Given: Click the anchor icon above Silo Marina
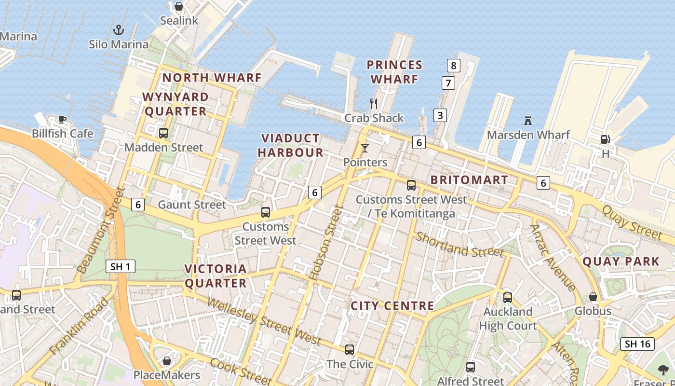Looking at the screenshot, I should (x=119, y=30).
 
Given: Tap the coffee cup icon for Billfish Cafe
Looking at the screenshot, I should (x=62, y=119).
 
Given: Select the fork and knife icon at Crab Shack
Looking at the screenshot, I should (x=374, y=103).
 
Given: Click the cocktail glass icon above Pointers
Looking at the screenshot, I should (x=365, y=148).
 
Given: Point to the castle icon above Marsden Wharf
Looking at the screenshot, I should (x=528, y=120).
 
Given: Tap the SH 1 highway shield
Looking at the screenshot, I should (x=121, y=266).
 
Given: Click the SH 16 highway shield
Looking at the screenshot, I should (x=637, y=344).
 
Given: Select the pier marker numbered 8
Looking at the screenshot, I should (x=453, y=65).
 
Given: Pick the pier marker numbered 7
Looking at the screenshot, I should (x=448, y=83).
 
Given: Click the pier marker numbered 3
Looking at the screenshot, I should (x=440, y=115).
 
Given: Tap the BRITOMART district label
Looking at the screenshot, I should (x=469, y=180).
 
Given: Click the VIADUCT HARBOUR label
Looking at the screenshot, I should (x=290, y=145).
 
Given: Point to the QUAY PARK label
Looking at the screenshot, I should (x=621, y=262).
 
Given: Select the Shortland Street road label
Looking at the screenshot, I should (x=459, y=245).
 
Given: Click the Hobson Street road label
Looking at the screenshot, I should (x=326, y=243).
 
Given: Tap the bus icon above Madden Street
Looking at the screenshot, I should (x=163, y=133).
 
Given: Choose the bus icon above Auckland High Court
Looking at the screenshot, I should (x=507, y=297).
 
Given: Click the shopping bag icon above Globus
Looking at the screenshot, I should (x=593, y=297).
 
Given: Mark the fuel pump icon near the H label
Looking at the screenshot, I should (x=605, y=139).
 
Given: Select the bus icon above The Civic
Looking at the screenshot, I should (x=350, y=349).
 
